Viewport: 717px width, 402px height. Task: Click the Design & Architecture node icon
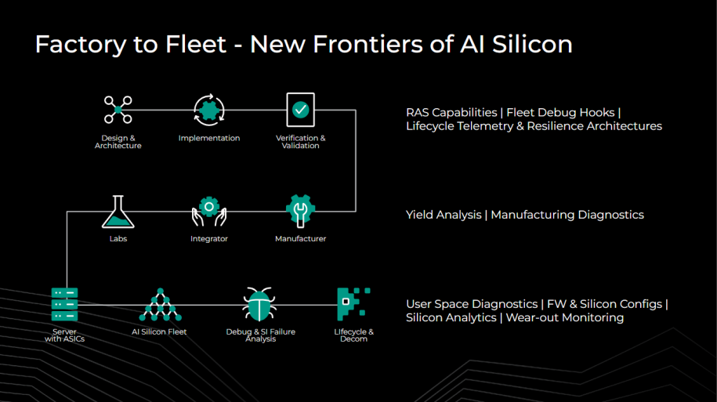[118, 110]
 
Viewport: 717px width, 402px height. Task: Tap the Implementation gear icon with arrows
[209, 110]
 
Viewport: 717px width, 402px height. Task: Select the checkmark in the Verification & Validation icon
[300, 110]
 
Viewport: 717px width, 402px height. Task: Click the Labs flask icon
[118, 212]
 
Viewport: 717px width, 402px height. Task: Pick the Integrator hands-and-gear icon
[209, 212]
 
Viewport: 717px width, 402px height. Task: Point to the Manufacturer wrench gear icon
[300, 211]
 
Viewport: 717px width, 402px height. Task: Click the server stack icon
[64, 305]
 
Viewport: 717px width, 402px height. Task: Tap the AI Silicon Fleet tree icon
[160, 305]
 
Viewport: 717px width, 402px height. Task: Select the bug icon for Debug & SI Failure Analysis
[259, 304]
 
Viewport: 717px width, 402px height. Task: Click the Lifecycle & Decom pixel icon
[353, 304]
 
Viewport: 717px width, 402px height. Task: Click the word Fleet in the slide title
[196, 45]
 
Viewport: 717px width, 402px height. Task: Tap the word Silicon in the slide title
[532, 45]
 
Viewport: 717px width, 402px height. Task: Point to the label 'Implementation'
[209, 138]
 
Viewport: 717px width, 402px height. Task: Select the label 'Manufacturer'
[300, 239]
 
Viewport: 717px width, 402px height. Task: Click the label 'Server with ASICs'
[64, 335]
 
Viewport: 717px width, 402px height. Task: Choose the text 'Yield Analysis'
[444, 215]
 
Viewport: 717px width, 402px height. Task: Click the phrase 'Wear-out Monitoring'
[565, 318]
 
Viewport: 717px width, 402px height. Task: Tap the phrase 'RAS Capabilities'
[451, 113]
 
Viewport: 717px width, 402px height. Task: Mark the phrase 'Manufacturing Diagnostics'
[567, 215]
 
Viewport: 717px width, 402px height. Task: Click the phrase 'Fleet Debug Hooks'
[560, 113]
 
